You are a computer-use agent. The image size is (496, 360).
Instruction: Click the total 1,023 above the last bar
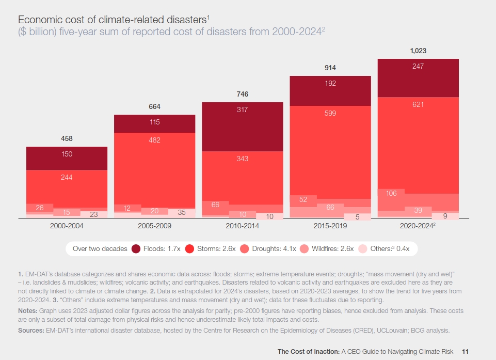point(418,51)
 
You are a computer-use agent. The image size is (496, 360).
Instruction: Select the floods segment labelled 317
point(243,110)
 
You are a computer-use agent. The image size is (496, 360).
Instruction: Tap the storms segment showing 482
point(155,140)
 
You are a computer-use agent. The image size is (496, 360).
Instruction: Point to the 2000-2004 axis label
point(67,226)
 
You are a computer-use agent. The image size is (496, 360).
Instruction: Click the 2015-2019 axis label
point(330,226)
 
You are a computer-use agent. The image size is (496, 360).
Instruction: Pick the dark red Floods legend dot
point(136,248)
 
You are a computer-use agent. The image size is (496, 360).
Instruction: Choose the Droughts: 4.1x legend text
point(274,248)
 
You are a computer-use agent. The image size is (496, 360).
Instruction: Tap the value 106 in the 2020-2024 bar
point(391,193)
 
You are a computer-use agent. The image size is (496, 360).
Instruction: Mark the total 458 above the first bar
point(67,138)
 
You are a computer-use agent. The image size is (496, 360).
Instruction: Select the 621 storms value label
point(418,104)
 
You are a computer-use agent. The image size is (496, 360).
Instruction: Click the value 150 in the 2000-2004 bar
point(67,154)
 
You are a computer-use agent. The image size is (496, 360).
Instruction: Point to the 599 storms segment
point(330,113)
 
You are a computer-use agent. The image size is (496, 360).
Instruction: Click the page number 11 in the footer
point(466,351)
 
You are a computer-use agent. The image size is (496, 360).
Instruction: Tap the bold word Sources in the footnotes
point(30,329)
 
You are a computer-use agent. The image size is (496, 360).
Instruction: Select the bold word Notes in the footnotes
point(27,310)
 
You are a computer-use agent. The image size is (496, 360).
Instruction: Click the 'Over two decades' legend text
point(100,248)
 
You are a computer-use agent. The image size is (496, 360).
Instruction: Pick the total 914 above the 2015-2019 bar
point(330,68)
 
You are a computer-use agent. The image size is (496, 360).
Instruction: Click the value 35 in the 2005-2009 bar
point(182,212)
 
